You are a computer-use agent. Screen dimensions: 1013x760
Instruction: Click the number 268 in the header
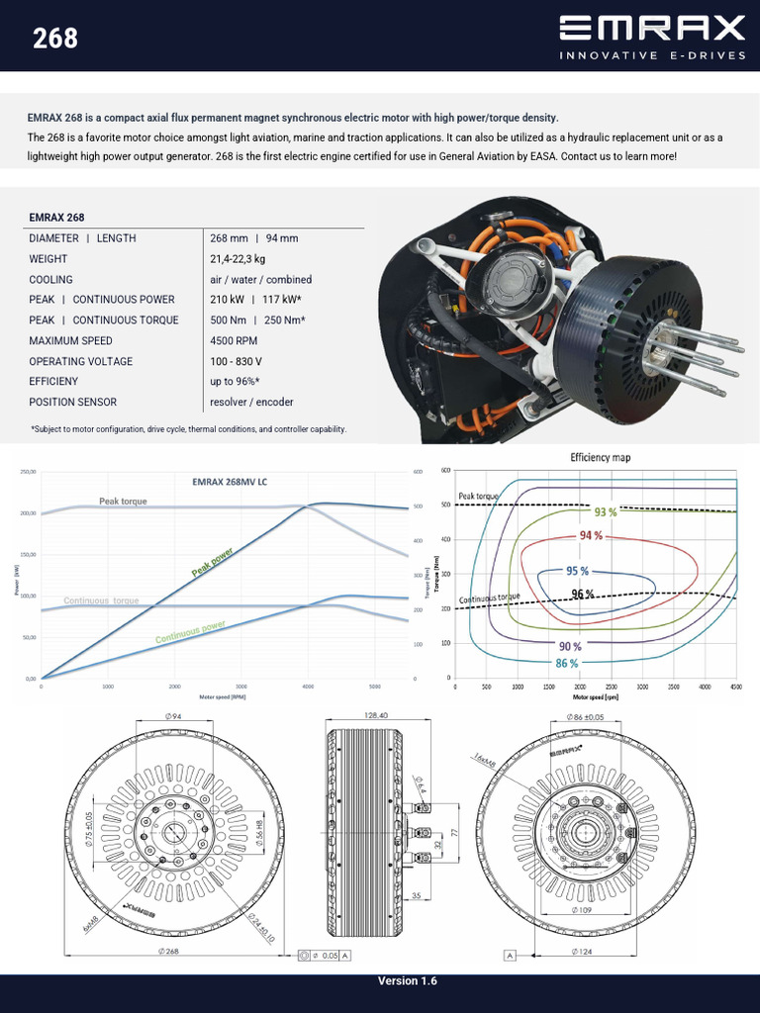[x=55, y=39]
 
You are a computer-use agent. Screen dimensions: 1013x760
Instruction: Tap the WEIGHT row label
[x=48, y=259]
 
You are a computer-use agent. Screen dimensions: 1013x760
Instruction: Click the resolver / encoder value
[x=251, y=402]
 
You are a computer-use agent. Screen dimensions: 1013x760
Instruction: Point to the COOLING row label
[x=50, y=280]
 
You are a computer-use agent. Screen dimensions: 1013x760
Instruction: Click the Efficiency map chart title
[x=600, y=458]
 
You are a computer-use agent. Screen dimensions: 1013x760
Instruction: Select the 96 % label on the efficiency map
[x=583, y=594]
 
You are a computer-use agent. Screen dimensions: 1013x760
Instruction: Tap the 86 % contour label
[x=567, y=663]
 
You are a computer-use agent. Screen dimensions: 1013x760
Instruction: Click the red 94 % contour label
[x=591, y=535]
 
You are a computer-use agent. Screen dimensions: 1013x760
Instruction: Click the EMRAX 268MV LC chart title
[x=229, y=482]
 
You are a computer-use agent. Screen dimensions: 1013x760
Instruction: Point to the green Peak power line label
[x=212, y=561]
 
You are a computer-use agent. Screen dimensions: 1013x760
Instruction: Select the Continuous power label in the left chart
[x=190, y=633]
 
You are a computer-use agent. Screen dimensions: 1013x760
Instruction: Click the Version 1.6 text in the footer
[x=407, y=981]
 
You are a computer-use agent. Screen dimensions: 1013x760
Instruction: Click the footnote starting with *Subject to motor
[x=188, y=429]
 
